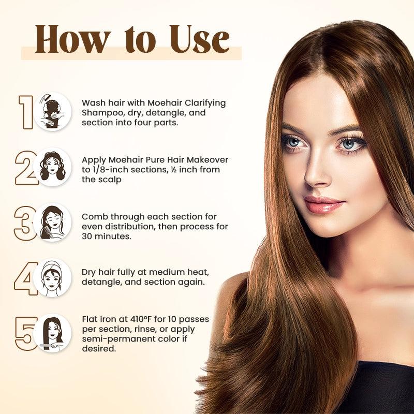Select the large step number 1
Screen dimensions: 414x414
pos(26,111)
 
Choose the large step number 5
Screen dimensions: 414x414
pos(25,333)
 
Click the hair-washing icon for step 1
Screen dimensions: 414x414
pos(53,111)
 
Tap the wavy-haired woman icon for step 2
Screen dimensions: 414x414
pos(53,167)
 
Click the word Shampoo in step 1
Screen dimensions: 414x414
pos(100,113)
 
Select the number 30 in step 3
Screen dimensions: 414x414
pos(87,236)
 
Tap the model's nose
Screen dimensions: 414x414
pos(317,173)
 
